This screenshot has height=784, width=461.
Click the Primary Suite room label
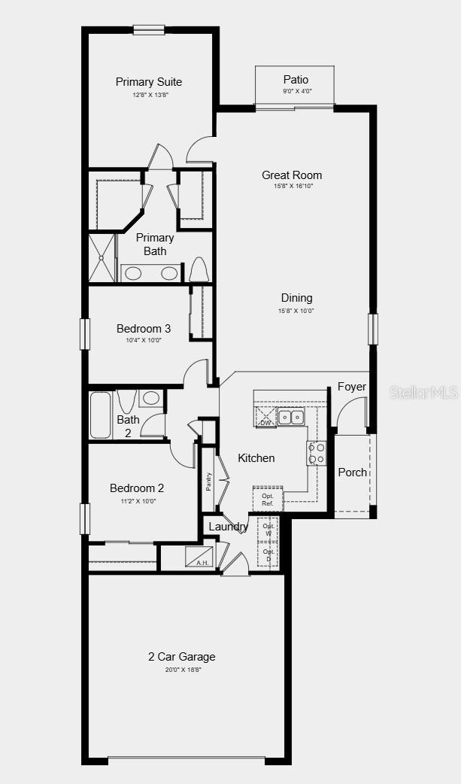[149, 82]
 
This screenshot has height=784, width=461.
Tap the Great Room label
[292, 175]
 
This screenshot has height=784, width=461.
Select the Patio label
[296, 80]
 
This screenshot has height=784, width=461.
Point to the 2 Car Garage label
[181, 657]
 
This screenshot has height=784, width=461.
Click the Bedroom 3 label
[144, 329]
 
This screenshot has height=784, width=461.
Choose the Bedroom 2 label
[137, 488]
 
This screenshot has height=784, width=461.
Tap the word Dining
[296, 298]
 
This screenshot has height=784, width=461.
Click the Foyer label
[352, 387]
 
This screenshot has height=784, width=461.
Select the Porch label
[352, 473]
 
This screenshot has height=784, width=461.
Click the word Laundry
[228, 527]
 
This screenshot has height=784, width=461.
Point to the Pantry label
[208, 481]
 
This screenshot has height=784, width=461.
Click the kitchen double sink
[291, 417]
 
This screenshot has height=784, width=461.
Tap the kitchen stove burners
[317, 453]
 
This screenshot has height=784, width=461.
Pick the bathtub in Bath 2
[101, 415]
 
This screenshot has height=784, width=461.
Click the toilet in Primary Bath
[199, 269]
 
